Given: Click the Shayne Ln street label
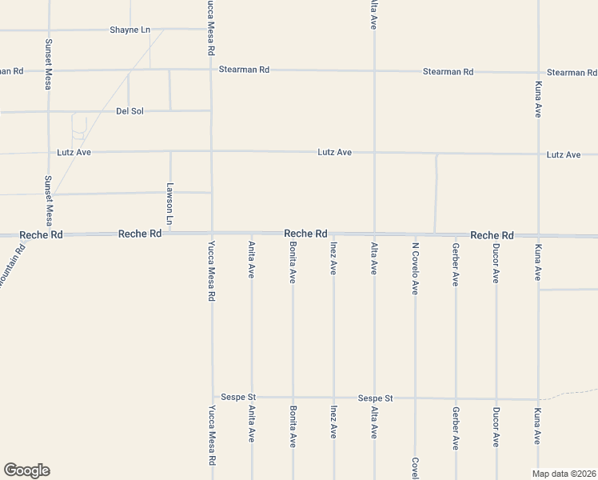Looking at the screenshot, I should [x=130, y=30].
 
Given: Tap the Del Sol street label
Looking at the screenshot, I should [x=130, y=111].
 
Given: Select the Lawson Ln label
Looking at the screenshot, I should [x=169, y=203].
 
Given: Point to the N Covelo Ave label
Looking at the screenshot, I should [x=415, y=269].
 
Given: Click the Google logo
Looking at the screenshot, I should [x=26, y=470].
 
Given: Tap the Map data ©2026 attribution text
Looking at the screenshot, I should [x=564, y=474].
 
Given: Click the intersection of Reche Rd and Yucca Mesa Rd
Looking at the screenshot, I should [x=212, y=234].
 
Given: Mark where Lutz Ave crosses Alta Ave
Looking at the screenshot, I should [x=374, y=152].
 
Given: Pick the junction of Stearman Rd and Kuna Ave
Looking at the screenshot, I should [x=538, y=72].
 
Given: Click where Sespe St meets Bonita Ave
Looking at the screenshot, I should [x=293, y=398].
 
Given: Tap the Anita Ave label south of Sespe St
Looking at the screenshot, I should [x=252, y=424].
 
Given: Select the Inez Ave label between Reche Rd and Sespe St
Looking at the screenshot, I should [x=333, y=259].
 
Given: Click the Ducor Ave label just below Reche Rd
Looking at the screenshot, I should [x=496, y=264].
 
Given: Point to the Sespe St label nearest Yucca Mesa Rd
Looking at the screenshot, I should [x=239, y=397].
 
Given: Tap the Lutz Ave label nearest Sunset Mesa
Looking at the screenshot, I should [x=74, y=151].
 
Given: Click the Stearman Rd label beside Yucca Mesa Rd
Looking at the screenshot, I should [x=245, y=70].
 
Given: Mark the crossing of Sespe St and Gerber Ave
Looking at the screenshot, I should [x=456, y=398].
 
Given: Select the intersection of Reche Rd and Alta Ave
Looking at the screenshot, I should [x=374, y=234].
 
